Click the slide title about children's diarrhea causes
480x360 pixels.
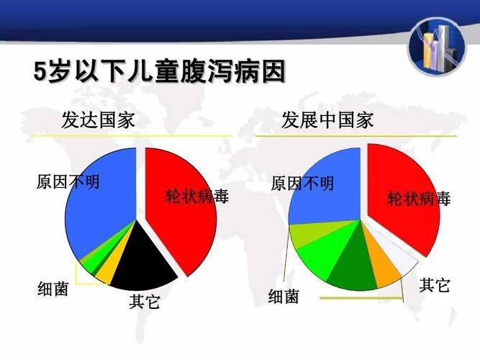click(x=159, y=73)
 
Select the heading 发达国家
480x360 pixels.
click(x=99, y=120)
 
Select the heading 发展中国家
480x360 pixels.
click(x=327, y=120)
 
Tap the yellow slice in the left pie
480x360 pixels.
click(x=105, y=271)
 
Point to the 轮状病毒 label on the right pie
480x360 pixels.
click(x=420, y=199)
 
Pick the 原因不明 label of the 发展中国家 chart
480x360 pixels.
click(x=302, y=184)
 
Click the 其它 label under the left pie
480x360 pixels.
click(x=145, y=302)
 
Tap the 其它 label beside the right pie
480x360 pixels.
click(x=435, y=285)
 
